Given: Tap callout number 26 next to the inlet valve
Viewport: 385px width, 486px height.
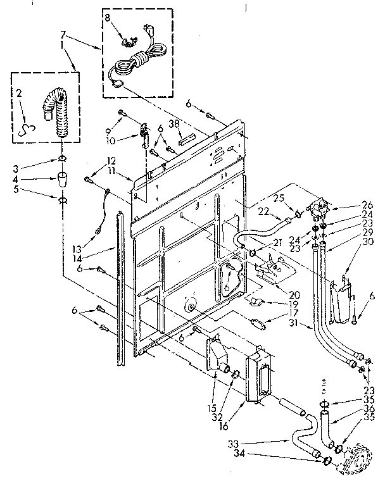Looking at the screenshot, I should pos(367,204).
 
